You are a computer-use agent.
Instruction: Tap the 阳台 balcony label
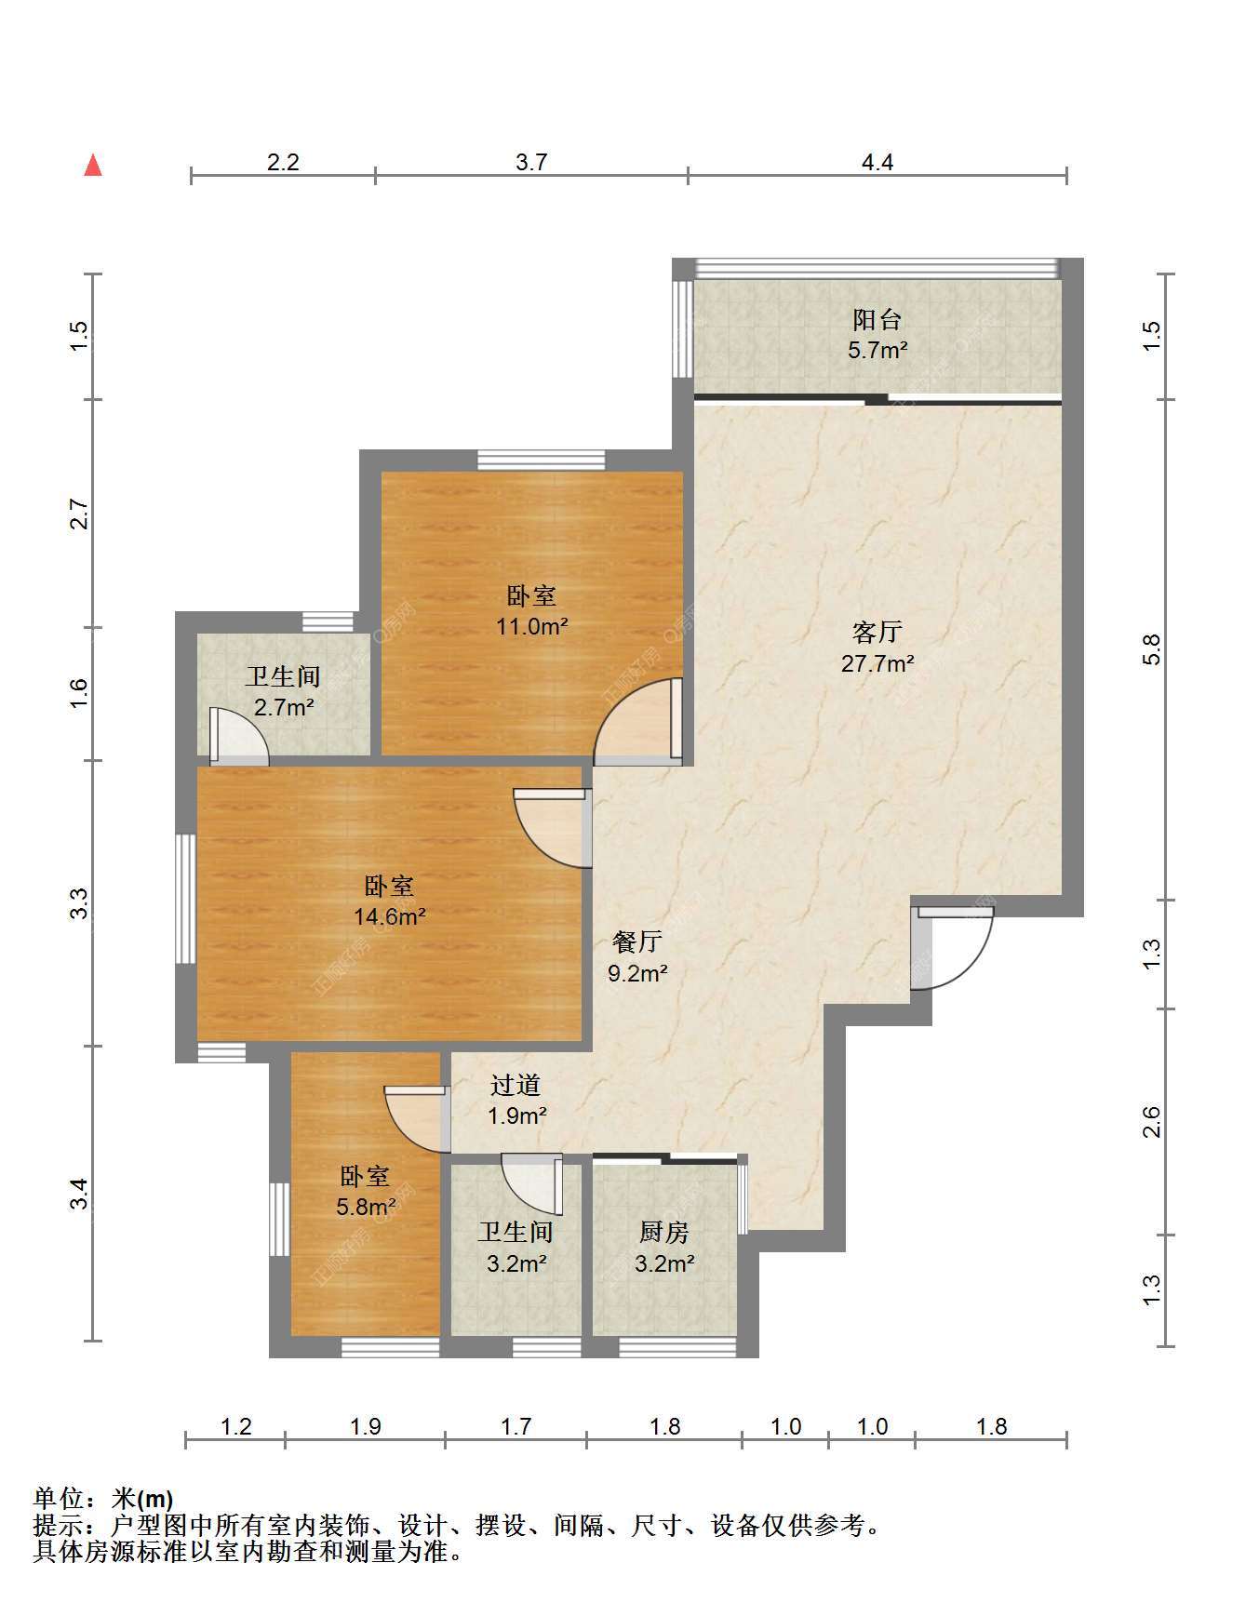pos(877,319)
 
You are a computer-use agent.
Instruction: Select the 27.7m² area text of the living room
pos(877,663)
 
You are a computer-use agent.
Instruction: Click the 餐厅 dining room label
pos(637,942)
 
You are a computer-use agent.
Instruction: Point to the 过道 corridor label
pos(516,1085)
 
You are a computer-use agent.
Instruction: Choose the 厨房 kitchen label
pos(664,1232)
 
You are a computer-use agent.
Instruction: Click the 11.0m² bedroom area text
pos(531,626)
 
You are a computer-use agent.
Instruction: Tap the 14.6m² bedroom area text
pos(389,916)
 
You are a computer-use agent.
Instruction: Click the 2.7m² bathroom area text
pos(283,707)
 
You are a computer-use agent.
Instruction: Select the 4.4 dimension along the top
pos(877,163)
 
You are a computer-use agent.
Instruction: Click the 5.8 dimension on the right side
pos(1152,649)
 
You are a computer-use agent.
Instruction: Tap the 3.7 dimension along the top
pos(531,163)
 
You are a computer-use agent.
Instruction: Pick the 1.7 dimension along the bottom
pos(516,1426)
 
